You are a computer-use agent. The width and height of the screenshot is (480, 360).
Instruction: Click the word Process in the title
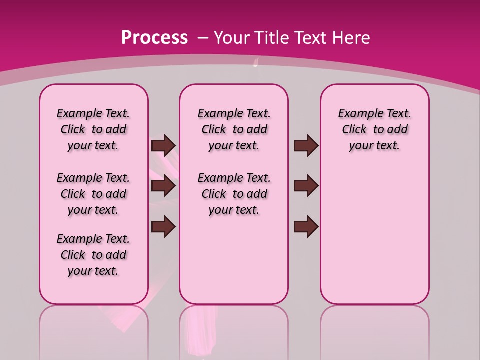click(154, 38)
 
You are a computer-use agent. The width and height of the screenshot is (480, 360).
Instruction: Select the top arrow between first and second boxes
click(163, 145)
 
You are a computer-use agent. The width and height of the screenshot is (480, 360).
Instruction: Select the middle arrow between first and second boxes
click(163, 186)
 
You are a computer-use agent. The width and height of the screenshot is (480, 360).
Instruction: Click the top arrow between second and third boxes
click(306, 145)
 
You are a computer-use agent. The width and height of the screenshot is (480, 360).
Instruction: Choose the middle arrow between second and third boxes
click(306, 186)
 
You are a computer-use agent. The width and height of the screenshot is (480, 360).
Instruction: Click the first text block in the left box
click(93, 129)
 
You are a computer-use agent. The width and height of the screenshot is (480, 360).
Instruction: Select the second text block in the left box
click(93, 194)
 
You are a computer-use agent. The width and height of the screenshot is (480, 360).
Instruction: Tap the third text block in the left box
click(93, 255)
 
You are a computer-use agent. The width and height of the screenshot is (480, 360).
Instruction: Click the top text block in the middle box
click(234, 129)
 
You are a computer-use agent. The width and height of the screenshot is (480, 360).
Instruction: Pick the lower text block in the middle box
click(234, 194)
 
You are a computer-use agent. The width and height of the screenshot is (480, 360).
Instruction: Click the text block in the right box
click(375, 129)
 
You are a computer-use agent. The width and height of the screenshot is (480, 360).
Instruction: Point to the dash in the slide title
click(203, 38)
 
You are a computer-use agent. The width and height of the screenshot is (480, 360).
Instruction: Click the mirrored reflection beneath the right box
click(375, 330)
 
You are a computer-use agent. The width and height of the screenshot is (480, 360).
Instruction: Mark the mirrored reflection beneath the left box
click(94, 330)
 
